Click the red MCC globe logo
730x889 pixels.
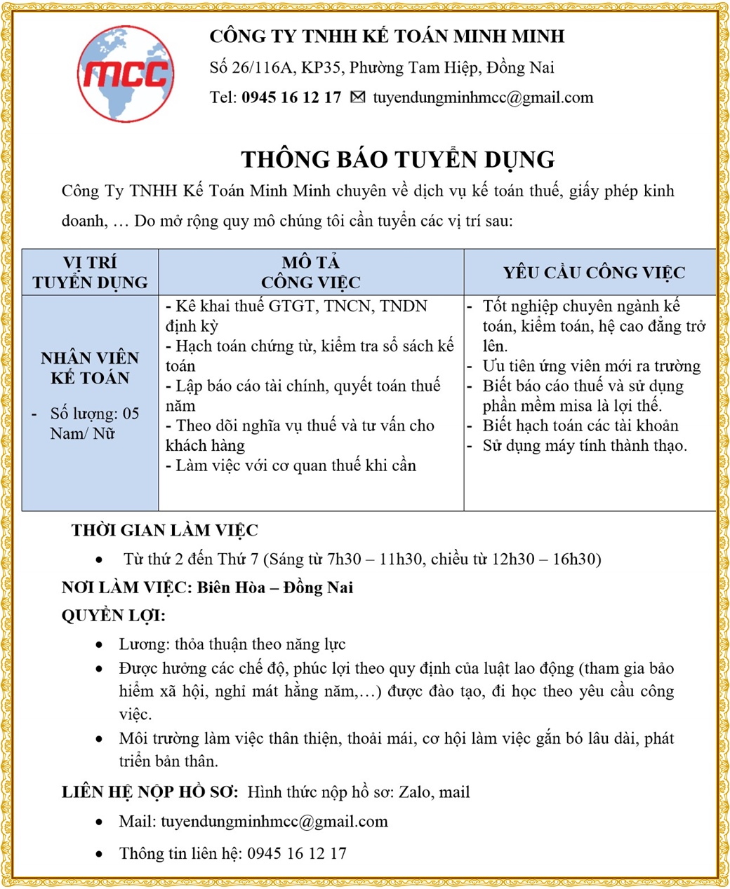[x=126, y=74]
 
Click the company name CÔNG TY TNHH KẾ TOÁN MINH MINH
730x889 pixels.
[x=387, y=36]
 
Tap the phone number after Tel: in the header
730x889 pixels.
[x=291, y=97]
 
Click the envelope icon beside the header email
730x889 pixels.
[x=357, y=97]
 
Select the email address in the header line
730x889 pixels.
[x=483, y=97]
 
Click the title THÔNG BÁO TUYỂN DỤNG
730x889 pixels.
[x=398, y=159]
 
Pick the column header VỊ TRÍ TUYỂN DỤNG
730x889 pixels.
[x=90, y=272]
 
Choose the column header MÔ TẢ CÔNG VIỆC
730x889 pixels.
[x=310, y=272]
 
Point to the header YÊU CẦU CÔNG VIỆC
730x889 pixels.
[x=594, y=273]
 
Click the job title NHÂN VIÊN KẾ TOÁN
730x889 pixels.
[x=90, y=368]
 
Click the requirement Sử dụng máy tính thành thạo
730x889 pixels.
[x=585, y=446]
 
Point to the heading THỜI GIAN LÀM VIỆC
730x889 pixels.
[x=164, y=531]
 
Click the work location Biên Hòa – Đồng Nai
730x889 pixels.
[x=274, y=588]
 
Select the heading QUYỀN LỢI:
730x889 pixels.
[x=114, y=616]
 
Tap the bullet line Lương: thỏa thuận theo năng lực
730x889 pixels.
[x=232, y=644]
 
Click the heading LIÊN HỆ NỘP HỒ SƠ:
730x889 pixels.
[x=150, y=792]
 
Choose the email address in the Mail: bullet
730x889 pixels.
[x=274, y=822]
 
